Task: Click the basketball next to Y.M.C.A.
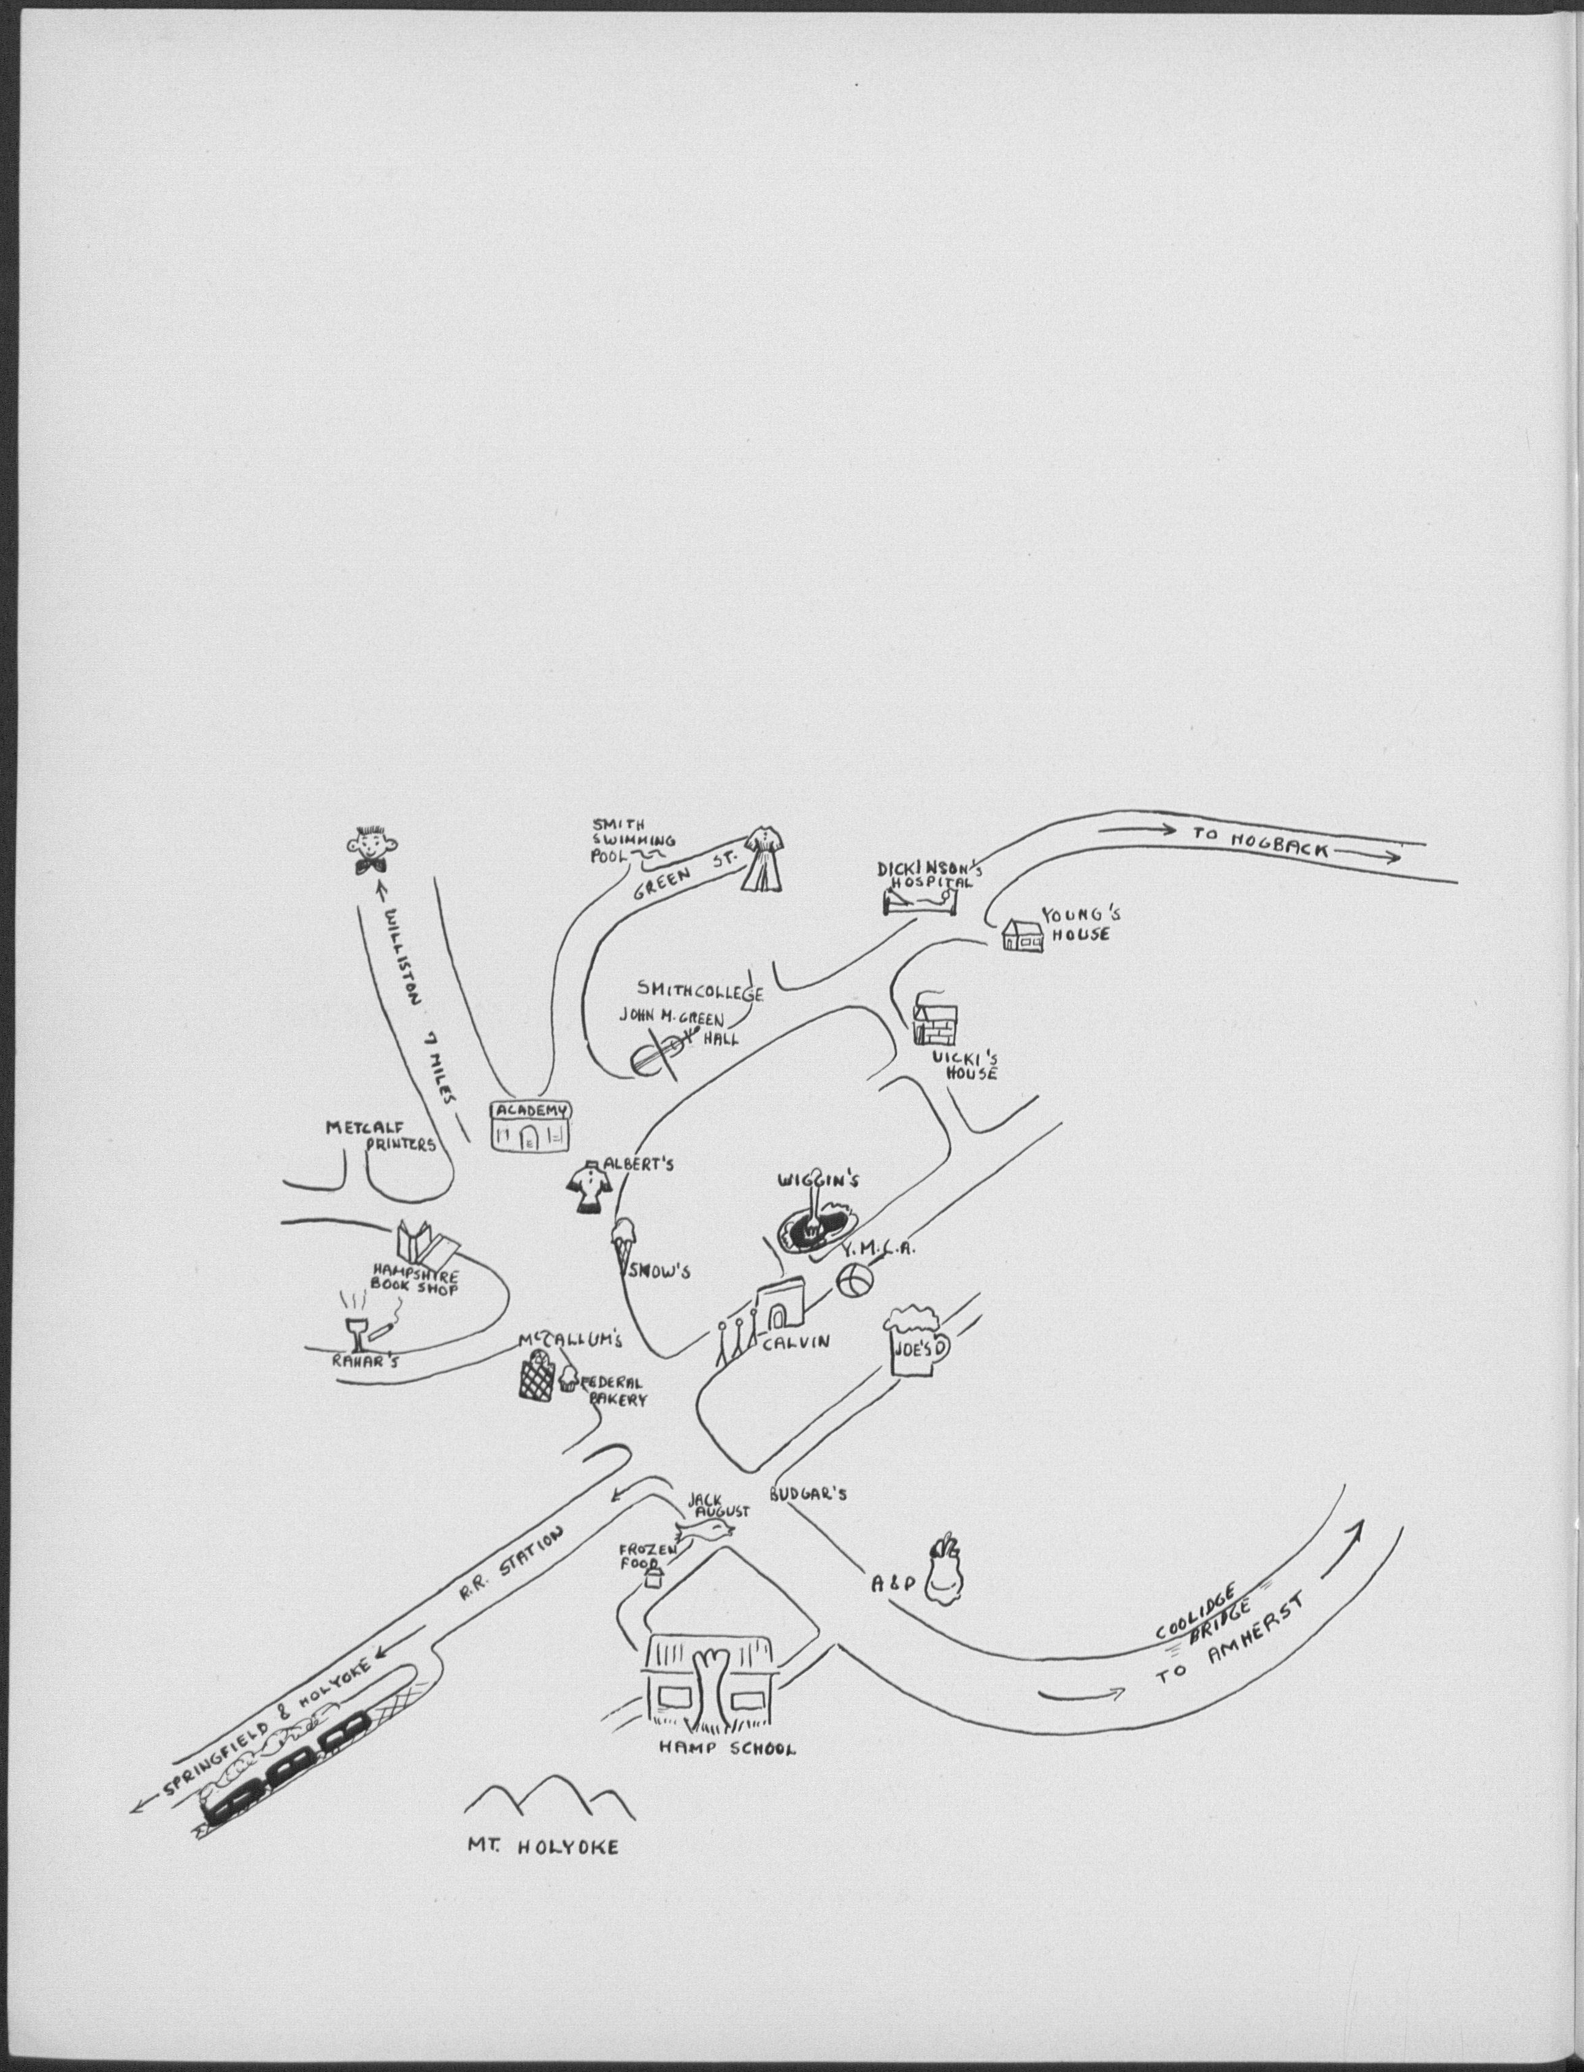[x=854, y=1282]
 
